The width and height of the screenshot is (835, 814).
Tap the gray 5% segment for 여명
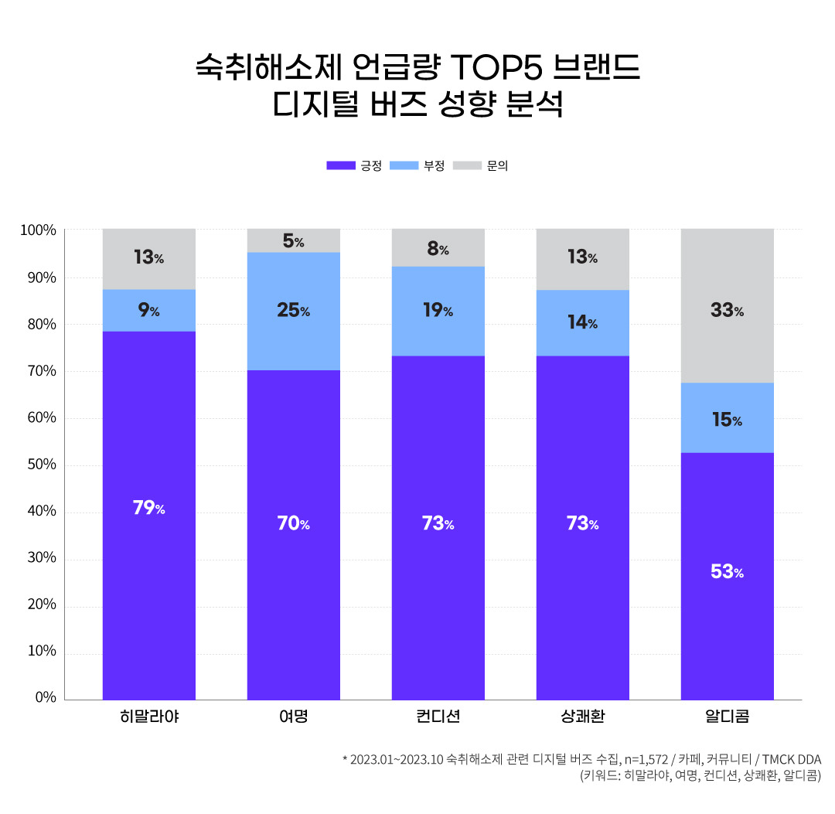[x=293, y=240]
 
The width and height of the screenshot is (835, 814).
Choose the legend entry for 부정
[x=417, y=165]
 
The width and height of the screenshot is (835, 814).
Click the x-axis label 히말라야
[x=149, y=717]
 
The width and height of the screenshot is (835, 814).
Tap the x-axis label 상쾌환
[x=582, y=717]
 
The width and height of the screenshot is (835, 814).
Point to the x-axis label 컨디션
[x=438, y=717]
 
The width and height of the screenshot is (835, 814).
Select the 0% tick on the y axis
[x=46, y=697]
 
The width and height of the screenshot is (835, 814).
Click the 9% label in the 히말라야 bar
[x=148, y=311]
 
